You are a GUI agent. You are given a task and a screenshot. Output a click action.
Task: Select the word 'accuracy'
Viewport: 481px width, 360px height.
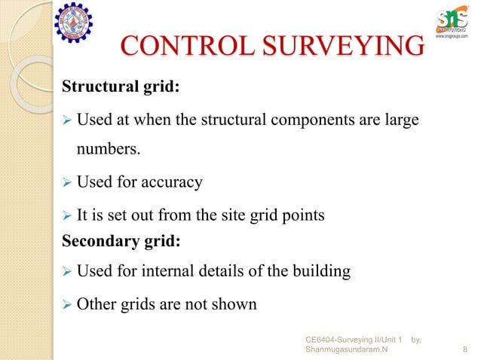pyautogui.click(x=176, y=182)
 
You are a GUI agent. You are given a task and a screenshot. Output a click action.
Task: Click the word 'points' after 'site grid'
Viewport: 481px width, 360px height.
pyautogui.click(x=303, y=215)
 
